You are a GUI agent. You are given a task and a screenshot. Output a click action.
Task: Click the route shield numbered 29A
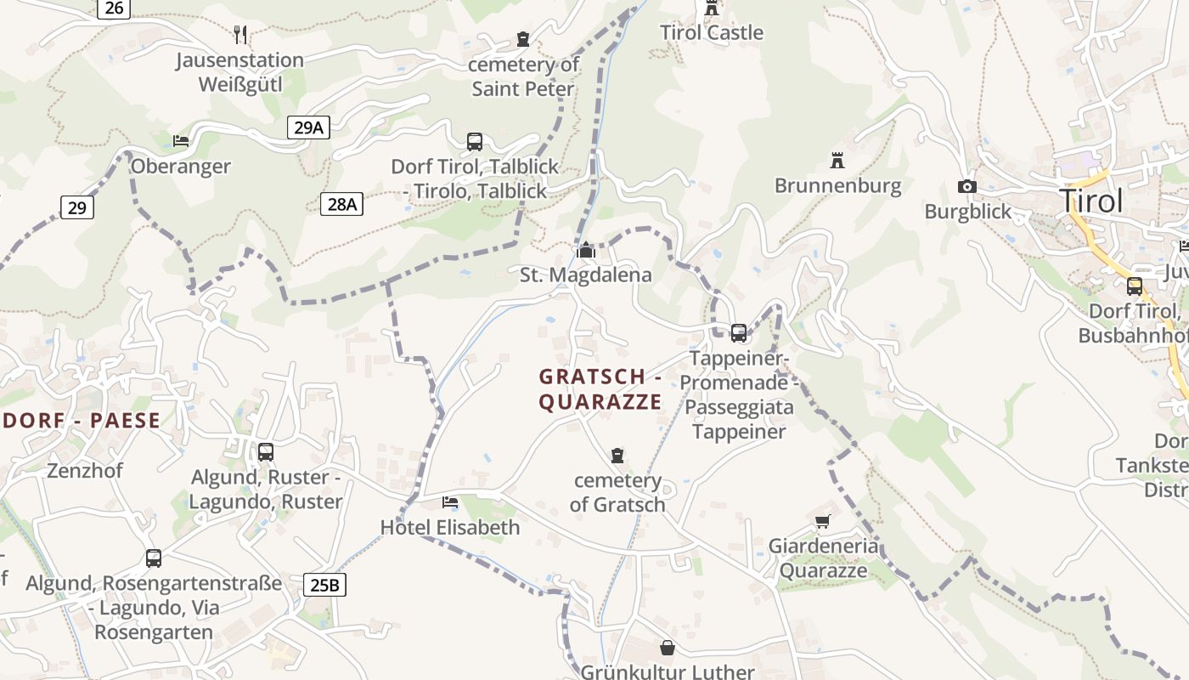[308, 127]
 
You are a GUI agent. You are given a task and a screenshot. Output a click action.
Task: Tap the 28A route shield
[342, 204]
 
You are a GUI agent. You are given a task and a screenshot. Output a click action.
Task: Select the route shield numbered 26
[115, 8]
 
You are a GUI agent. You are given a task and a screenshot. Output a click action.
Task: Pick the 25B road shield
[325, 585]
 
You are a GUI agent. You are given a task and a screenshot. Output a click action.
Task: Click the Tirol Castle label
[712, 33]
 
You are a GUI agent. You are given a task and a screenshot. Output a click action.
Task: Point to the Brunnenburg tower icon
[837, 160]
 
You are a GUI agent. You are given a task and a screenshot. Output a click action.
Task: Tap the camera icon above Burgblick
[966, 186]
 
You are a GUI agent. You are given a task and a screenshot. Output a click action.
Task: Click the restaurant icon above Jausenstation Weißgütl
[241, 34]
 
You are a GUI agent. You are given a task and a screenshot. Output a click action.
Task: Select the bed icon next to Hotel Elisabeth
[450, 502]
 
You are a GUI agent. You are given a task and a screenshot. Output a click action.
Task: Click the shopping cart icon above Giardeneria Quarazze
[822, 521]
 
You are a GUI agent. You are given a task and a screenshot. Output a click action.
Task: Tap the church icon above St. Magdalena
[585, 250]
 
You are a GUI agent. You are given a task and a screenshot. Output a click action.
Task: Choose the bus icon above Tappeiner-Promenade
[739, 332]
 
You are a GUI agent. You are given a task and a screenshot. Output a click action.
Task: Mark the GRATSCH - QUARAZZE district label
[600, 388]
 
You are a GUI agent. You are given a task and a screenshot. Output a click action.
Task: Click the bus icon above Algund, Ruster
[266, 451]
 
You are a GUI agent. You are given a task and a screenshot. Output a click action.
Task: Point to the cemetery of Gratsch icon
[617, 456]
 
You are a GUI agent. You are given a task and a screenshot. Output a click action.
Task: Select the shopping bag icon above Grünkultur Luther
[668, 649]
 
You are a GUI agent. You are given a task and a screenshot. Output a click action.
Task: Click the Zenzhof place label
[85, 470]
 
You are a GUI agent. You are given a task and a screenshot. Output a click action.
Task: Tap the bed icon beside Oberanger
[180, 140]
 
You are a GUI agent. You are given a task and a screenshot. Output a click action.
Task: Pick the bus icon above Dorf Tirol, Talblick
[475, 141]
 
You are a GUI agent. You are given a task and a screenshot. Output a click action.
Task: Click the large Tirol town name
[1091, 201]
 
